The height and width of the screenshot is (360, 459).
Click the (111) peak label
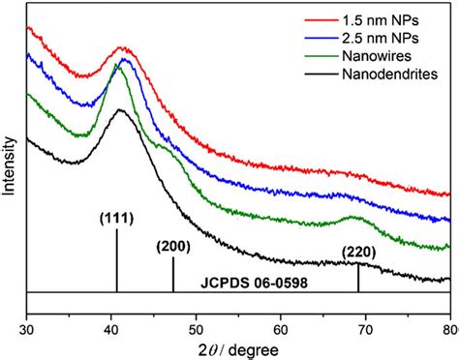(x=116, y=218)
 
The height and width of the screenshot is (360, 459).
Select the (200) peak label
(x=172, y=247)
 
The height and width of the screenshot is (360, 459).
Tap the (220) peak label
(x=359, y=255)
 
